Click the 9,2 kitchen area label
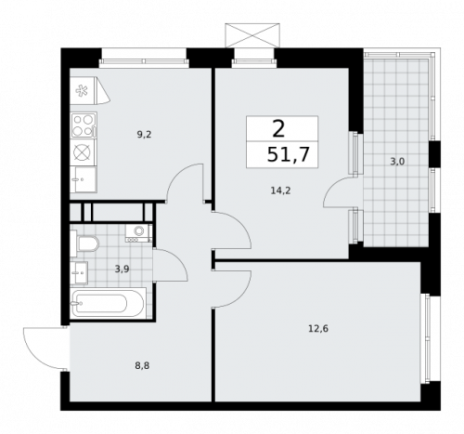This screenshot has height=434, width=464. tap(144, 135)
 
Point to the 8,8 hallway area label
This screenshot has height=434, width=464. tap(141, 365)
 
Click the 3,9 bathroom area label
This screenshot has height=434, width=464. tap(122, 269)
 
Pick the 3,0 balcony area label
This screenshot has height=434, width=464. tap(396, 161)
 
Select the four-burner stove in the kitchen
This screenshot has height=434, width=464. tap(82, 124)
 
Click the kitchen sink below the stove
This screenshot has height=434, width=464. tap(82, 177)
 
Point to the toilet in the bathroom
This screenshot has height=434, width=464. tap(87, 244)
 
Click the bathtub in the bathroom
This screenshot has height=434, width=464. tap(107, 304)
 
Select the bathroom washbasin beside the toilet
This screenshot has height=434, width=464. tap(80, 273)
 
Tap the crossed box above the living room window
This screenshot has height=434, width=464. tap(251, 34)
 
